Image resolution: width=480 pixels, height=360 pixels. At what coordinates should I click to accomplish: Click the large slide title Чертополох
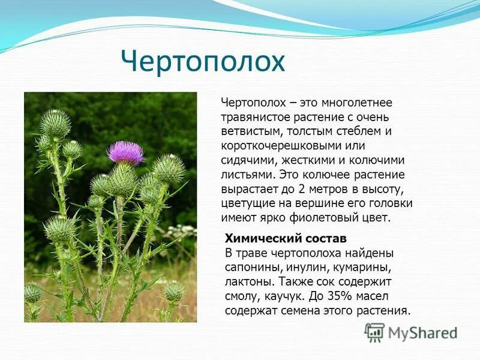[202, 62]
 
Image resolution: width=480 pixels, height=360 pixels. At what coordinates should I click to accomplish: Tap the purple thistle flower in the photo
[125, 152]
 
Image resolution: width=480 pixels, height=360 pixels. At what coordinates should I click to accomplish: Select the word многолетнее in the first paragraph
[356, 103]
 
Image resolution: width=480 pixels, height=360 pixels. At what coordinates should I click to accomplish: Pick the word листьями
[246, 175]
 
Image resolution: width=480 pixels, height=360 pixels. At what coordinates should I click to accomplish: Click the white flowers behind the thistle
[181, 230]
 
